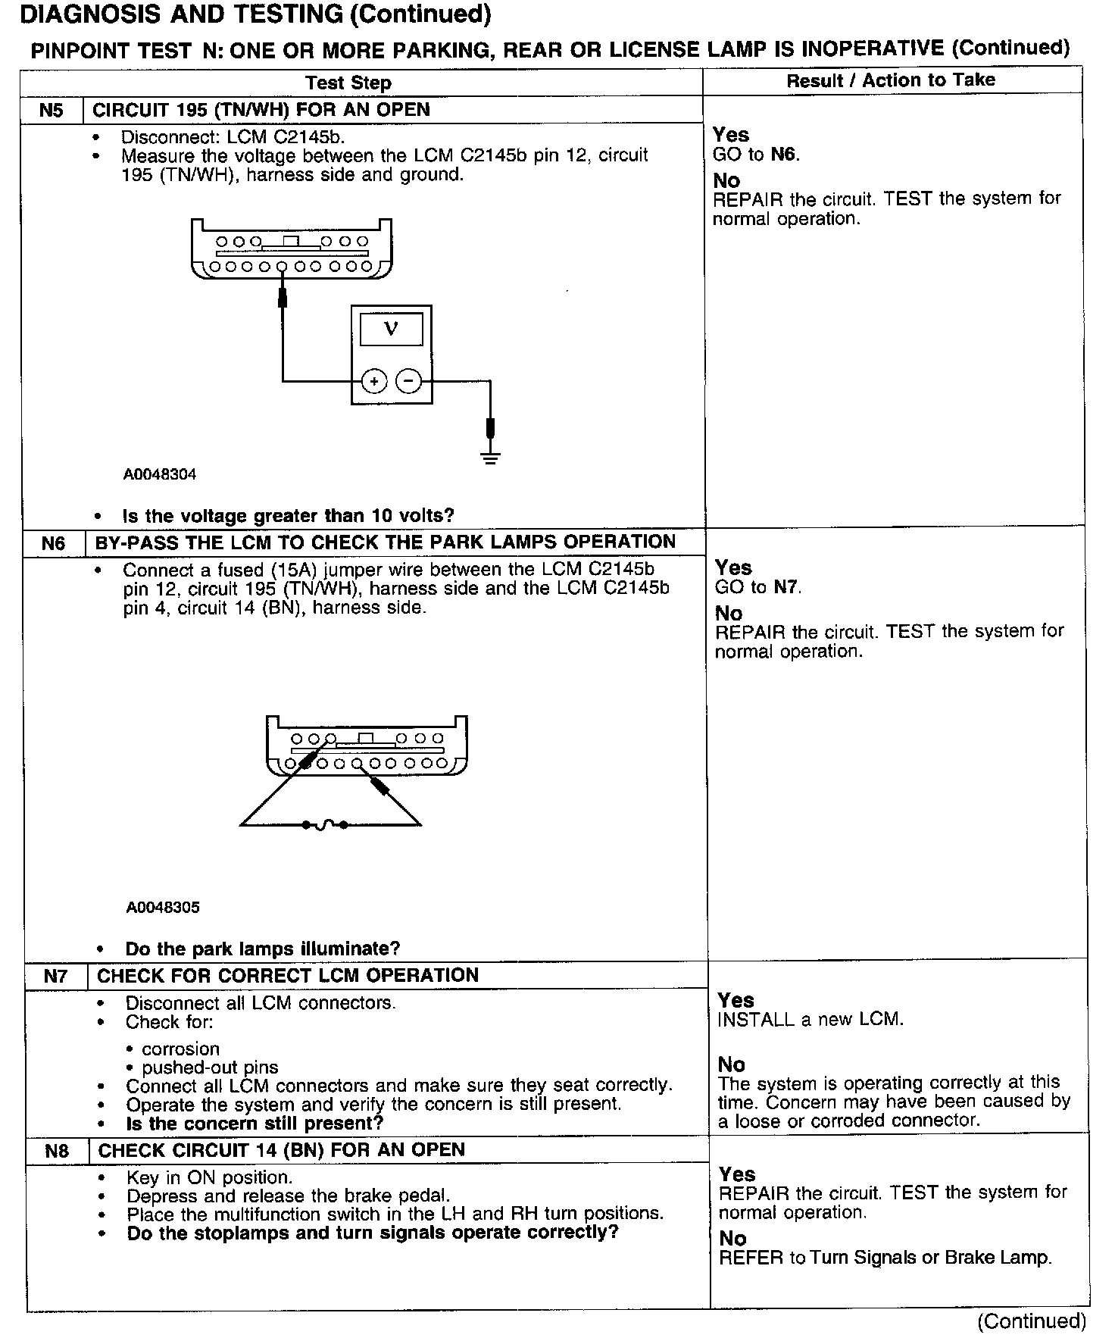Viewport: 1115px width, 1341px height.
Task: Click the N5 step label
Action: [51, 110]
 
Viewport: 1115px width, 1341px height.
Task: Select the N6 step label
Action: [53, 543]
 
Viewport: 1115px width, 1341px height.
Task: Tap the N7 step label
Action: [55, 976]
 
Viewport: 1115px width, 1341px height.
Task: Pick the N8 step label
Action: [57, 1151]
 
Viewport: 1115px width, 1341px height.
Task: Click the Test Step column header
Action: [348, 83]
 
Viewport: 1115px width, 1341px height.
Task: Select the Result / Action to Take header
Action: [891, 80]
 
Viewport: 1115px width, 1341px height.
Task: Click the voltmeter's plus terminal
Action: [374, 382]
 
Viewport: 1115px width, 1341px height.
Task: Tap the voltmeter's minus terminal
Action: [409, 382]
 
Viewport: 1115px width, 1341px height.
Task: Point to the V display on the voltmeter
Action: [391, 330]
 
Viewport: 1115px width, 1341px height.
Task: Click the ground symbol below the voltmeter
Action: [491, 457]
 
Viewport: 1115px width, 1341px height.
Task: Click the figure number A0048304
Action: [160, 475]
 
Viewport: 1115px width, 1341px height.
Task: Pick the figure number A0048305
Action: [163, 908]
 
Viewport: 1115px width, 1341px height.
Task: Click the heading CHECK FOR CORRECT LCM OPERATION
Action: [288, 975]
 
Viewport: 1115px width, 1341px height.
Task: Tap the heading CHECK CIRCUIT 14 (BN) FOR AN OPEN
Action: [282, 1150]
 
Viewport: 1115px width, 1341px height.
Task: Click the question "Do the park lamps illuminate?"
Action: [262, 949]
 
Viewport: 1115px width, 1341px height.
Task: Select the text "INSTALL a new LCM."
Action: [810, 1020]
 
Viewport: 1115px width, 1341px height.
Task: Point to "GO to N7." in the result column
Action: [758, 587]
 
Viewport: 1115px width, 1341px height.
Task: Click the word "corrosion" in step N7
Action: [181, 1049]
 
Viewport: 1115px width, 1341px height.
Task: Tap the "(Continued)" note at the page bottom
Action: [1032, 1321]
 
